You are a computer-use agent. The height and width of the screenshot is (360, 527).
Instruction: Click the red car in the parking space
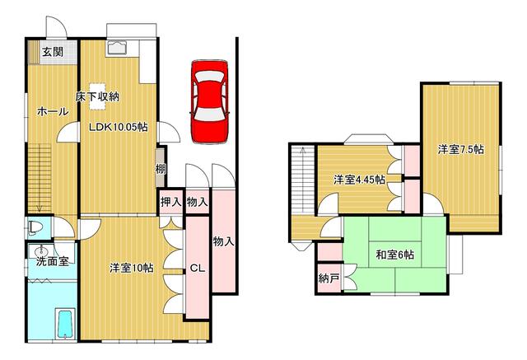[x=209, y=102]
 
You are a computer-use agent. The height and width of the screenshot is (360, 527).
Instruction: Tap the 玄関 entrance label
[x=53, y=52]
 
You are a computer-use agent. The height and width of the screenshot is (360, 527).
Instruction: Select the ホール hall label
[x=53, y=111]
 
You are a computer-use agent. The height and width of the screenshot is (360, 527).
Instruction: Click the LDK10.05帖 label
[x=118, y=127]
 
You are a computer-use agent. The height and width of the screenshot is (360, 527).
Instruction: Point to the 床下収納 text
[x=97, y=97]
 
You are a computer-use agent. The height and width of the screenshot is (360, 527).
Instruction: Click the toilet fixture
[x=35, y=227]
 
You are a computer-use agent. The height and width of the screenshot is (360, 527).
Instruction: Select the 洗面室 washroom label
[x=53, y=261]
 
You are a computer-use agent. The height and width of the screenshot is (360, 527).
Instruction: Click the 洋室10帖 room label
[x=132, y=268]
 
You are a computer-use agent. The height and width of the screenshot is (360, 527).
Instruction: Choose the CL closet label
[x=197, y=269]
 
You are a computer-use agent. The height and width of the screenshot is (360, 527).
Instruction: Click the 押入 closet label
[x=170, y=202]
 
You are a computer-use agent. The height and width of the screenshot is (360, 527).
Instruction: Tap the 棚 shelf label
[x=161, y=168]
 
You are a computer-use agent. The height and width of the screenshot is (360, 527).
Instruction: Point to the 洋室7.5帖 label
[x=461, y=149]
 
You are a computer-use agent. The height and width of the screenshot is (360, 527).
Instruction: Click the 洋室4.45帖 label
[x=359, y=180]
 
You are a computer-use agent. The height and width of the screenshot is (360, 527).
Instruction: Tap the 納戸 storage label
[x=329, y=278]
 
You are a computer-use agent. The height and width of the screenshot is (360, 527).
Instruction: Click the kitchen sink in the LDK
[x=116, y=48]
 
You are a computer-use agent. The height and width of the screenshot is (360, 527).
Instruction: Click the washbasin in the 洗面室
[x=41, y=250]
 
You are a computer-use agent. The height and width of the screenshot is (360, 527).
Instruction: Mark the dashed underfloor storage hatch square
[x=98, y=96]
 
